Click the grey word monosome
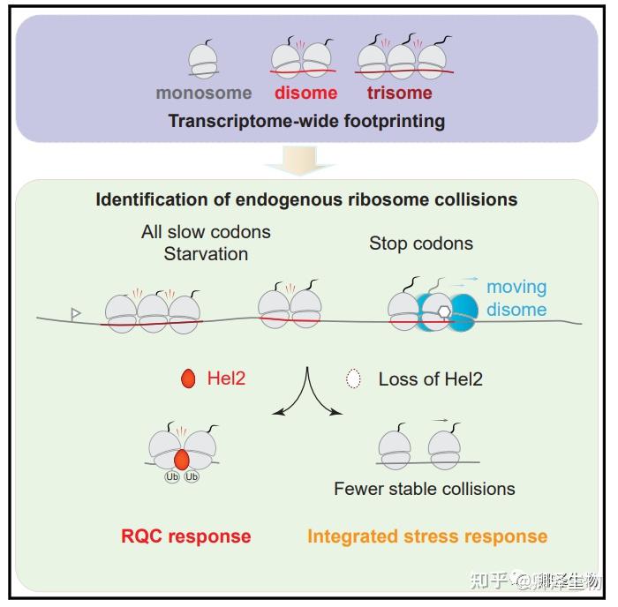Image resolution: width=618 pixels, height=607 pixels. pos(204,93)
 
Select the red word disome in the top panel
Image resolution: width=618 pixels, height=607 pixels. pos(305,93)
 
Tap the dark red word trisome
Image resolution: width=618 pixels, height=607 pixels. pos(400,93)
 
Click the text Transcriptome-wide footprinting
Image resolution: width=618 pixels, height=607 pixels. pos(306,121)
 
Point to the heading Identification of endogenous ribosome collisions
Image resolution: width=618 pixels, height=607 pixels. pos(306,199)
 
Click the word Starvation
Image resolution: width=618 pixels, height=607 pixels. pos(206,254)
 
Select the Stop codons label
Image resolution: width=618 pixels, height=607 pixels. pos(421,244)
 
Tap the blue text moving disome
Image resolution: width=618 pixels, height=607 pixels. pos(516,298)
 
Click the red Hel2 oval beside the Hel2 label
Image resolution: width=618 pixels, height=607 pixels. pos(187,379)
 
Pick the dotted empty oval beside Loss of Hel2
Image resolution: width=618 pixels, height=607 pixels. pos(353,379)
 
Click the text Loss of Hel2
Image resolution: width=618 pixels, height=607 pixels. pos(430,379)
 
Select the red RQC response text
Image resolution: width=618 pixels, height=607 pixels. pos(185,536)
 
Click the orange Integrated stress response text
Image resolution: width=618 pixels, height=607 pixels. pos(426,536)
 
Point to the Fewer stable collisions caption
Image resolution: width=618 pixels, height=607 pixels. pos(424,488)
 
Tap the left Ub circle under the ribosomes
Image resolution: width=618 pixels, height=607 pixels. pos(172,476)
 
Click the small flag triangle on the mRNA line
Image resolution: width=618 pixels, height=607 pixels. pos(76,312)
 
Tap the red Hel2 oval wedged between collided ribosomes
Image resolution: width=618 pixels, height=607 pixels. pos(181,460)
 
